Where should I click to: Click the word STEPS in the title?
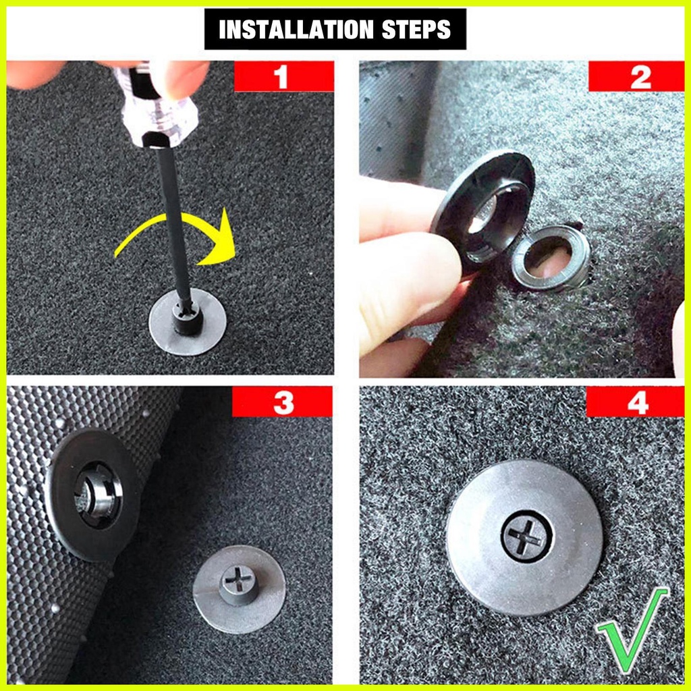[x=416, y=30]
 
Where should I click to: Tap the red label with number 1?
[x=284, y=76]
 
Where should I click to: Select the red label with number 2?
[x=636, y=76]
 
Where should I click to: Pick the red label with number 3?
[x=282, y=402]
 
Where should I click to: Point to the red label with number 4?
[x=635, y=402]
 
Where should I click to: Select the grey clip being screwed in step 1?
[x=188, y=323]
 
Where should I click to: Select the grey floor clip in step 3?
[x=239, y=588]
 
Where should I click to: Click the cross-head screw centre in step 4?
[x=526, y=536]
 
